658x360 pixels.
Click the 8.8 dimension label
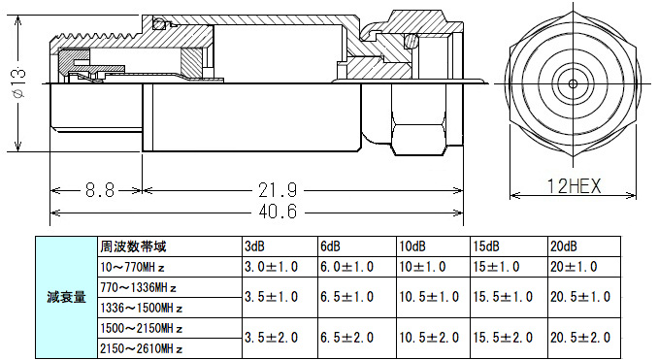[x=100, y=190]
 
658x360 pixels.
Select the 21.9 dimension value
[x=278, y=190]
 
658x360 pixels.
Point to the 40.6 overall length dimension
[x=278, y=212]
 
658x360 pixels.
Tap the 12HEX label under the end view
[x=575, y=186]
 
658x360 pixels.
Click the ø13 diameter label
[x=19, y=82]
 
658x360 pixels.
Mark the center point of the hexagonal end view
[x=573, y=83]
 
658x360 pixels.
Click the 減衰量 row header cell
[x=66, y=297]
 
